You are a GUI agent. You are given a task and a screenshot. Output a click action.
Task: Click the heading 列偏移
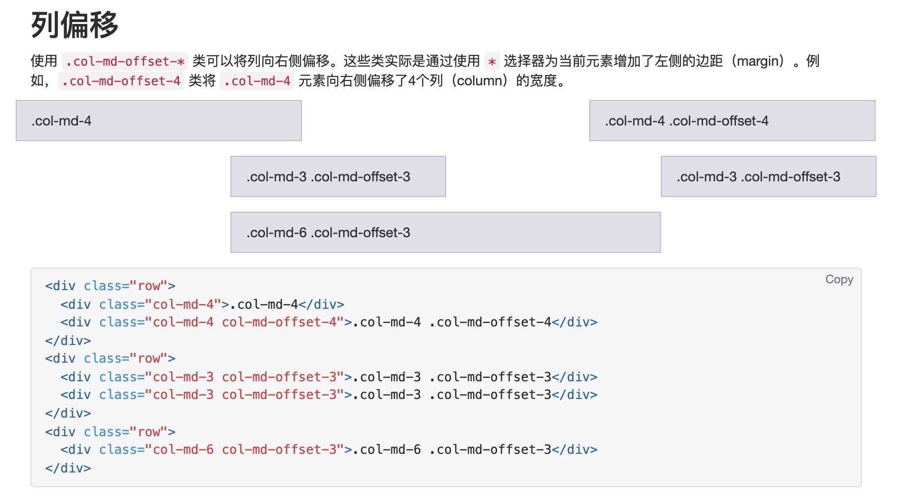pyautogui.click(x=75, y=25)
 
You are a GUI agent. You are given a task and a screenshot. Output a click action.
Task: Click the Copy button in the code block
pyautogui.click(x=839, y=279)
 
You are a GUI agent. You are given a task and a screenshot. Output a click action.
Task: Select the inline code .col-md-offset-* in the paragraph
pyautogui.click(x=125, y=61)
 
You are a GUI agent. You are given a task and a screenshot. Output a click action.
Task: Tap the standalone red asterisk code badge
pyautogui.click(x=492, y=61)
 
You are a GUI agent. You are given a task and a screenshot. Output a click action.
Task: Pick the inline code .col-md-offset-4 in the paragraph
pyautogui.click(x=121, y=81)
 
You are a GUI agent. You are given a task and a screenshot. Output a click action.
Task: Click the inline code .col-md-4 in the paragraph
pyautogui.click(x=257, y=81)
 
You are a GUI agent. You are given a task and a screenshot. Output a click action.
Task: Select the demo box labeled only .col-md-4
pyautogui.click(x=159, y=121)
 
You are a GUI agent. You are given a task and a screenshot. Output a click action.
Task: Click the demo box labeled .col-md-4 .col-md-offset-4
pyautogui.click(x=732, y=121)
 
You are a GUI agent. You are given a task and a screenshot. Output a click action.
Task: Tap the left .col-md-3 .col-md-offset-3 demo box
pyautogui.click(x=338, y=176)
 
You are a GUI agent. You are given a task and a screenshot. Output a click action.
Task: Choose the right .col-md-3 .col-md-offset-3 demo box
pyautogui.click(x=768, y=176)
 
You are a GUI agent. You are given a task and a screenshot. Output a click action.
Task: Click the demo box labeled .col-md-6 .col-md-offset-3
pyautogui.click(x=446, y=232)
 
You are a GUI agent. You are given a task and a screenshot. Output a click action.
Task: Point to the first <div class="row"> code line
pyautogui.click(x=110, y=286)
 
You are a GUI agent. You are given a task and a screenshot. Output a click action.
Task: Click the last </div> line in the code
pyautogui.click(x=68, y=468)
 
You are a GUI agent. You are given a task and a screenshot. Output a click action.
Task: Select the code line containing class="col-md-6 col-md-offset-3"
pyautogui.click(x=329, y=449)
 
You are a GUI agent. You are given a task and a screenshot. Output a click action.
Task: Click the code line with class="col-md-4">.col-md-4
pyautogui.click(x=202, y=304)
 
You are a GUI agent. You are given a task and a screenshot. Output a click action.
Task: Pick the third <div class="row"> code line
pyautogui.click(x=110, y=432)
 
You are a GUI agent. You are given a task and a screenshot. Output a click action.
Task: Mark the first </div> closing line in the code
pyautogui.click(x=68, y=341)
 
